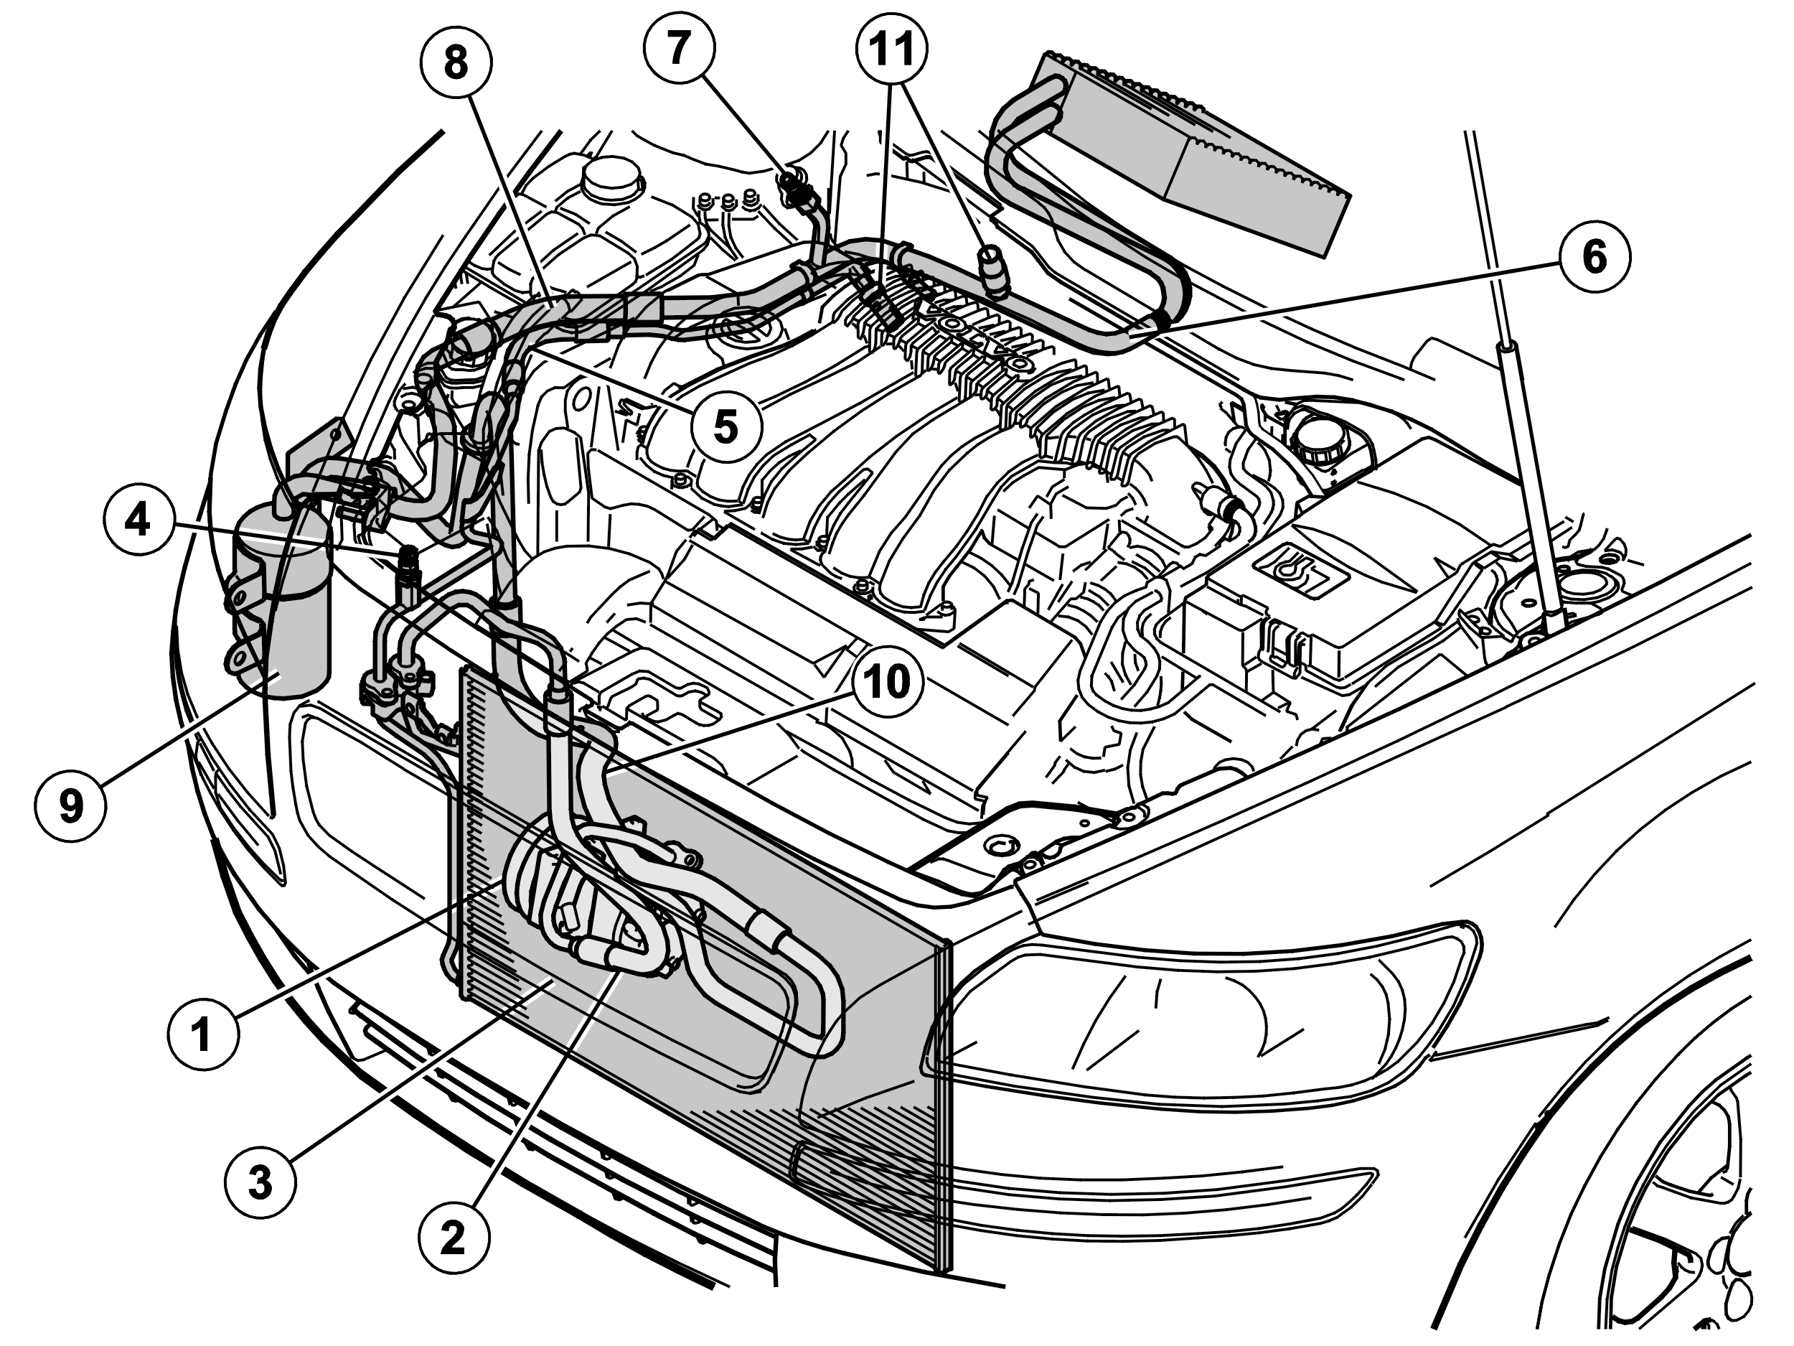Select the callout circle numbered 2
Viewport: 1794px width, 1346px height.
coord(454,1240)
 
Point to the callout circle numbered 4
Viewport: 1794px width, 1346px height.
coord(138,519)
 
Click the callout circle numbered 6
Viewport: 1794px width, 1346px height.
coord(1595,257)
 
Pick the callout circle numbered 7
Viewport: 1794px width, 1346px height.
coord(679,49)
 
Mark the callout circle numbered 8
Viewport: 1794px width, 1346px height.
coord(456,62)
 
